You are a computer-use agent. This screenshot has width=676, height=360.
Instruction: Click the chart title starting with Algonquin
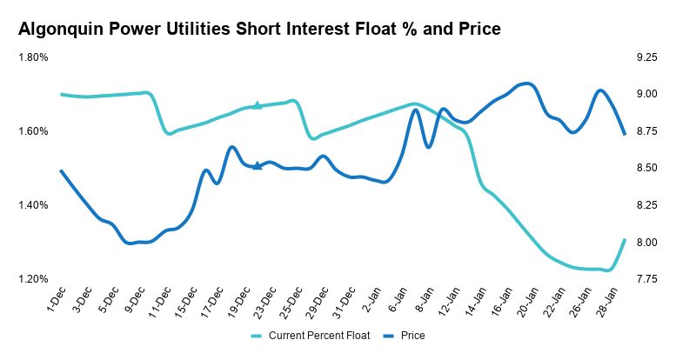coord(259,30)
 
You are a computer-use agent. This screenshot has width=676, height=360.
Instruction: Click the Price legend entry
coord(412,335)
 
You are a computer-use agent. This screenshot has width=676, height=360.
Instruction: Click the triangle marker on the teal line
coord(257,105)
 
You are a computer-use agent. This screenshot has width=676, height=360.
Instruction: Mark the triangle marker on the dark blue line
coord(257,165)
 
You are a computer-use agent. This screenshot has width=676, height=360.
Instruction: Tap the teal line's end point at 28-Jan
coord(625,239)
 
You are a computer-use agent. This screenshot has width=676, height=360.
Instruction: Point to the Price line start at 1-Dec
coord(61,170)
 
